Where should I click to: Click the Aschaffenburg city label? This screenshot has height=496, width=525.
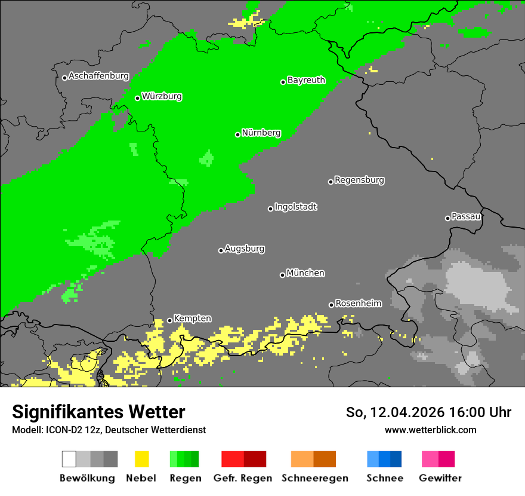98,76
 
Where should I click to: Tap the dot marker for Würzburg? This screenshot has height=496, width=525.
137,98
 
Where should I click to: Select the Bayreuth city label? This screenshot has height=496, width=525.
306,80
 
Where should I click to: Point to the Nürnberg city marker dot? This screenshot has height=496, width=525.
237,134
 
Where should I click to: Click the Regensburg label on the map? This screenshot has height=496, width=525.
359,180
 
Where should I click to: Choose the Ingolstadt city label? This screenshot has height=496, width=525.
295,207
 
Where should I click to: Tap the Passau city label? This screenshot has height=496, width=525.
466,217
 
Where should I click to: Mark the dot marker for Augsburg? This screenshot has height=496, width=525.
221,250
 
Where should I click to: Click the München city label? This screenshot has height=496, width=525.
305,273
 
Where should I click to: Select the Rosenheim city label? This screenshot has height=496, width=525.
358,304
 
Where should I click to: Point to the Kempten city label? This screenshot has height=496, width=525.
192,319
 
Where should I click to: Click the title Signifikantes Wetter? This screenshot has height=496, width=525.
98,412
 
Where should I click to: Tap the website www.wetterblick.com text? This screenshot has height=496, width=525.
430,430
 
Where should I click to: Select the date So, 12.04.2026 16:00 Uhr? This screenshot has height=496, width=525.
428,412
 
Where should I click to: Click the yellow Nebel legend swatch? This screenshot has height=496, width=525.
141,459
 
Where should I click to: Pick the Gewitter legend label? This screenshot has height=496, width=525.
440,478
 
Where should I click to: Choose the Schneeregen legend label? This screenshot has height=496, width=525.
315,478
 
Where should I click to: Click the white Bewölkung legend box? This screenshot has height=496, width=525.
69,459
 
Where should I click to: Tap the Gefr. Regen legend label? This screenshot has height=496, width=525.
243,478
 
